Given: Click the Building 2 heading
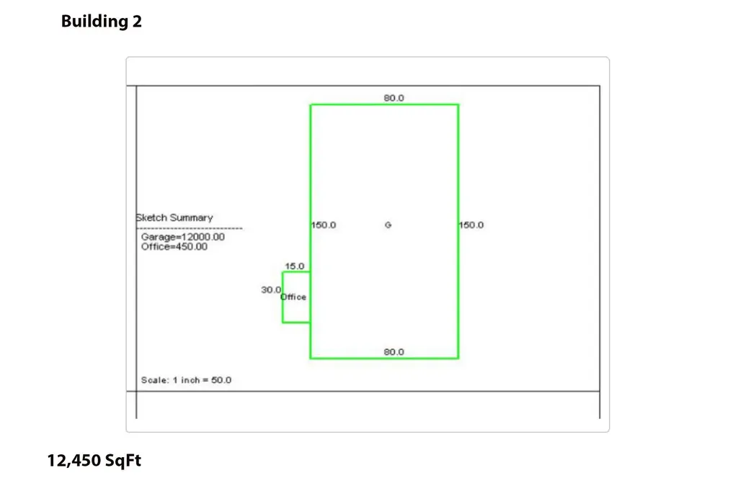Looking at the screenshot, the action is [x=101, y=21].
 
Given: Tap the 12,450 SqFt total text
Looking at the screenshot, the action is [x=94, y=461].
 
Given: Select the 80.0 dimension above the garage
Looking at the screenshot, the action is [x=394, y=98].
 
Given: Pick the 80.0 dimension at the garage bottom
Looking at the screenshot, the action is [x=394, y=352].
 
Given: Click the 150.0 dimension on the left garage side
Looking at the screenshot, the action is [x=324, y=225].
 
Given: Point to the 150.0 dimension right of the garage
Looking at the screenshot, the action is [x=471, y=225].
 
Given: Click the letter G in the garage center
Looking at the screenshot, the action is [x=388, y=225].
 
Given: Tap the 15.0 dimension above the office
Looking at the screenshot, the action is [x=295, y=266].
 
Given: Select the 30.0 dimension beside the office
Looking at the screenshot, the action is [x=271, y=289].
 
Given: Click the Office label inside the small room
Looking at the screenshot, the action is [x=293, y=297].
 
